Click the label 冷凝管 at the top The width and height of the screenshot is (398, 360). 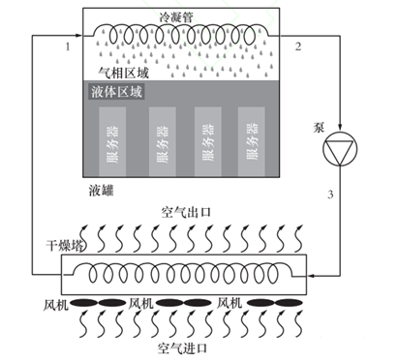click(176, 16)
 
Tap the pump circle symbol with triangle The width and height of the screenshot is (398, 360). click(340, 148)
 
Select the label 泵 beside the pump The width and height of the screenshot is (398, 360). click(318, 128)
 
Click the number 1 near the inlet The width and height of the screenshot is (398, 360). click(68, 47)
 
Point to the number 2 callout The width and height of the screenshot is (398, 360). click(298, 46)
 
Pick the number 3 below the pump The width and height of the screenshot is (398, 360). click(330, 195)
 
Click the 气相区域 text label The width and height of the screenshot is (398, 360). click(124, 73)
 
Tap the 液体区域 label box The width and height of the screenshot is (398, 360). click(116, 92)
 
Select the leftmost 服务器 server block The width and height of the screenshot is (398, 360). click(112, 142)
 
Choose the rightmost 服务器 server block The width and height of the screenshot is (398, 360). click(252, 142)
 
